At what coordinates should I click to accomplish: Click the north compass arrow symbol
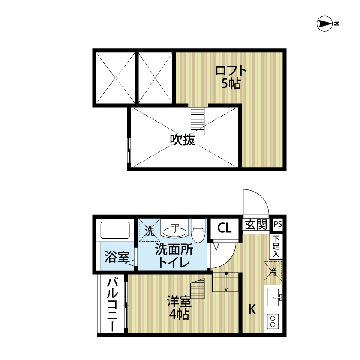325,24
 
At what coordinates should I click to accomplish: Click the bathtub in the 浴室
115,231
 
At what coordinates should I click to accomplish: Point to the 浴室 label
117,258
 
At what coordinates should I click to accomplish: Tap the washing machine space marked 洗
149,231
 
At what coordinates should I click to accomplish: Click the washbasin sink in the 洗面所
174,231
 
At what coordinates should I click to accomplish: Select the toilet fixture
198,232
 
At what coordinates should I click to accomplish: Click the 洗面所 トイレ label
174,256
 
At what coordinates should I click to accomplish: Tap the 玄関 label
256,225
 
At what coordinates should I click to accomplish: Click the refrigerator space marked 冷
273,271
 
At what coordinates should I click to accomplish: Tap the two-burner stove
273,321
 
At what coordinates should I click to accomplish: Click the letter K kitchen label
252,309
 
